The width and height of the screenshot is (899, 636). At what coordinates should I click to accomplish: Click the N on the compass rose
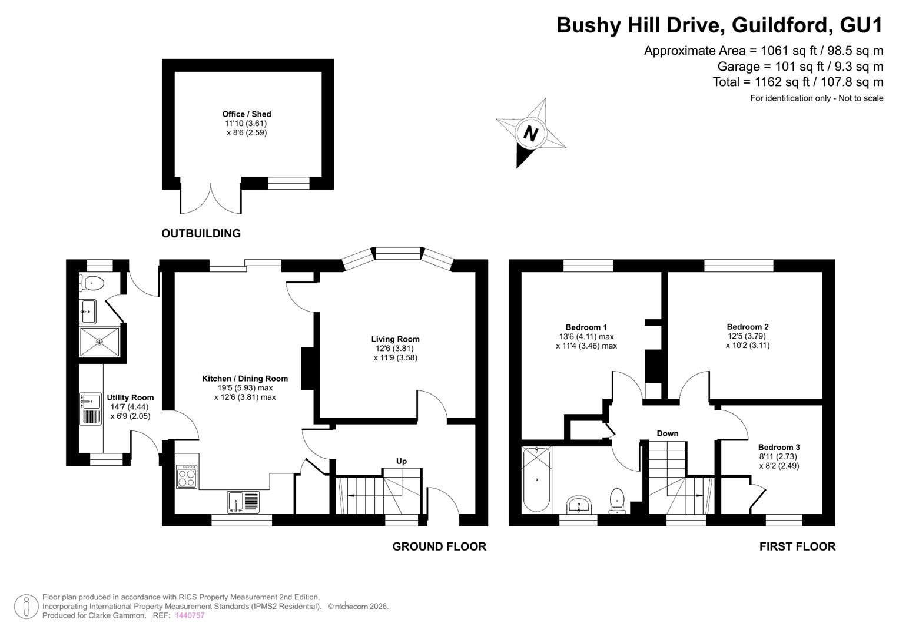tap(530, 132)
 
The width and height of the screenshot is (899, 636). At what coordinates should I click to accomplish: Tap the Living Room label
tap(395, 339)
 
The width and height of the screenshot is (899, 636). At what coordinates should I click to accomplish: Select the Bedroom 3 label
tap(779, 448)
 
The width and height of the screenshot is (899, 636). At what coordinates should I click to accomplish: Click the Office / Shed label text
tap(247, 114)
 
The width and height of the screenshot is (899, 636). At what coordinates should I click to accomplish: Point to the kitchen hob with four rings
tap(187, 476)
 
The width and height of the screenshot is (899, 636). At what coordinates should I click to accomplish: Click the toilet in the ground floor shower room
tap(92, 283)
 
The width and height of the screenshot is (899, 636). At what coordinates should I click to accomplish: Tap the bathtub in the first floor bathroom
tap(536, 480)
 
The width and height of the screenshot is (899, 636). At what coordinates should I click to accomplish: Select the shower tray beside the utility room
tap(99, 342)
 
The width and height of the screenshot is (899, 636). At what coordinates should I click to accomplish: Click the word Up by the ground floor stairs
tap(402, 461)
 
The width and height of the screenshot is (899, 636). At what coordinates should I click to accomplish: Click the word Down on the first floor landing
tap(668, 433)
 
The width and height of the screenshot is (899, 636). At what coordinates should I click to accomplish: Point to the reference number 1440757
tap(190, 615)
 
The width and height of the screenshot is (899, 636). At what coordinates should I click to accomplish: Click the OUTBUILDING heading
tap(201, 233)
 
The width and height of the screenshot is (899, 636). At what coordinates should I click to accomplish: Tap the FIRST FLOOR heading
tap(798, 546)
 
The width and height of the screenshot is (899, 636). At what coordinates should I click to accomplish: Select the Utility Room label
tap(130, 397)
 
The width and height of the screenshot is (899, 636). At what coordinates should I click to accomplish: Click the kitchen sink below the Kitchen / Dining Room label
tap(243, 502)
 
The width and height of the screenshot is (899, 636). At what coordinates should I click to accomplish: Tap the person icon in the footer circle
tap(26, 607)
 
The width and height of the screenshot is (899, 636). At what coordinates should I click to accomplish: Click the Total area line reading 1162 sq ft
tap(798, 82)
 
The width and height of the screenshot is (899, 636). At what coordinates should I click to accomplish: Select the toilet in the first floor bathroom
tap(617, 501)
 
